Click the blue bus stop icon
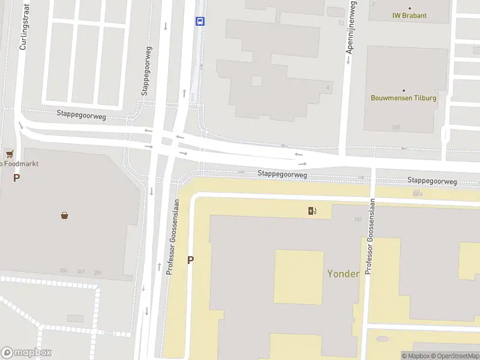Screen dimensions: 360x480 point(200,21)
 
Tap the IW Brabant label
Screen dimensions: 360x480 point(409,16)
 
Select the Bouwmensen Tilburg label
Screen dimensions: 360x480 point(403,98)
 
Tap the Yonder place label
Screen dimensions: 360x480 point(343,274)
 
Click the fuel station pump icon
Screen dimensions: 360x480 point(312,210)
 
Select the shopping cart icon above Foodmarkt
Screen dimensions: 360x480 point(10,154)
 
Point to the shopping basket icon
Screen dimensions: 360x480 point(64,215)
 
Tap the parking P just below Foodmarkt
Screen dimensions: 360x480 point(17,177)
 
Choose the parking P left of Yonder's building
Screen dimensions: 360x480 point(191,260)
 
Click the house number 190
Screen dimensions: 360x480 point(395,127)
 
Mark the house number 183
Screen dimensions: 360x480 point(358,219)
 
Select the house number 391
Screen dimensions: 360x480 point(97,272)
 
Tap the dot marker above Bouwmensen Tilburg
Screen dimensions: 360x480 point(403,90)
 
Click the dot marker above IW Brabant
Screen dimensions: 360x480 point(409,8)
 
